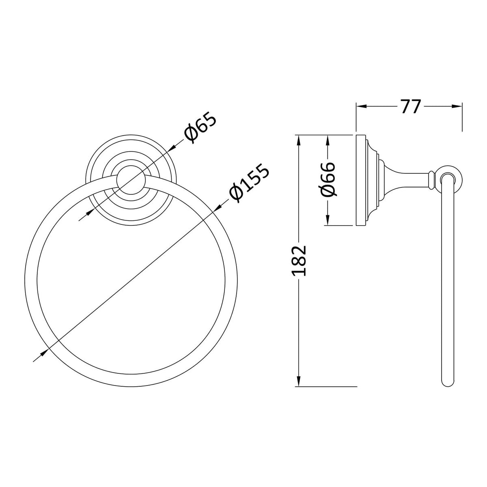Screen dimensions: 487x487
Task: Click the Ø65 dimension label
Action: [200, 128]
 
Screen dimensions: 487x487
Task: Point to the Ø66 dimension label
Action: [328, 179]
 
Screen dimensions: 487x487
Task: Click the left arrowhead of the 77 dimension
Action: [361, 106]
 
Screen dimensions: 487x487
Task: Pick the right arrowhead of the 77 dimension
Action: [457, 106]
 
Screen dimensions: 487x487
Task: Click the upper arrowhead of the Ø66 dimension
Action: [328, 140]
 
